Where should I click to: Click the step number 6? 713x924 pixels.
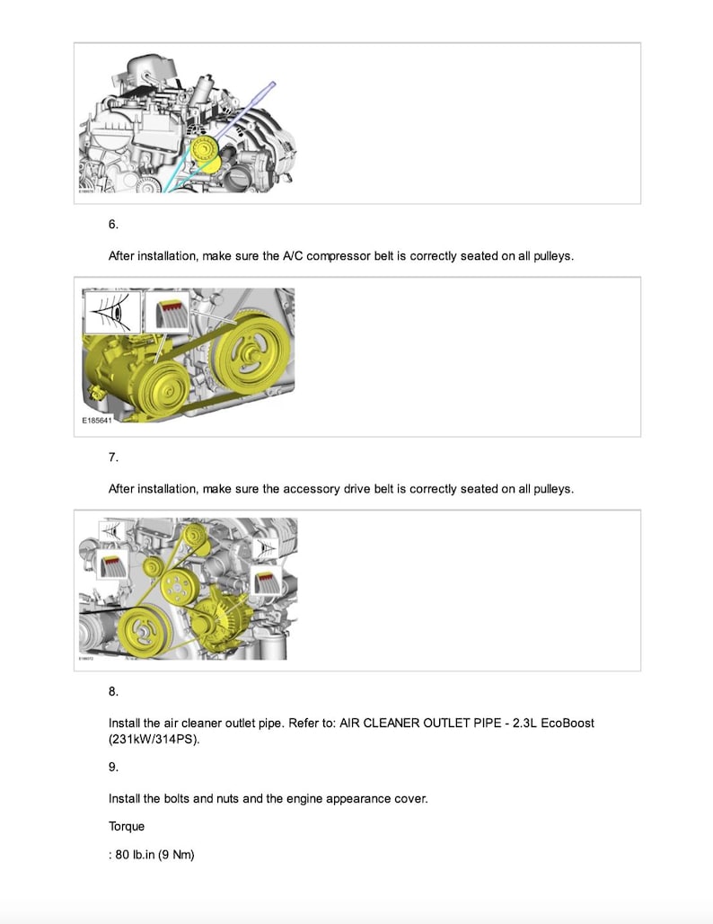pos(113,225)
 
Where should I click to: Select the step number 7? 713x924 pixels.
pos(113,458)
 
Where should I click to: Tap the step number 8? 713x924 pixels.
pos(113,691)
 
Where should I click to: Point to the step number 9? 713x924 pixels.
pos(113,767)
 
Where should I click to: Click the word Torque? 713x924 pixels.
pos(127,826)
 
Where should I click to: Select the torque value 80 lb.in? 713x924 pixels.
pos(135,855)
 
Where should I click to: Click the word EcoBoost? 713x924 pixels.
pos(565,723)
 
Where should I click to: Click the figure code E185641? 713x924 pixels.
pos(97,420)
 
